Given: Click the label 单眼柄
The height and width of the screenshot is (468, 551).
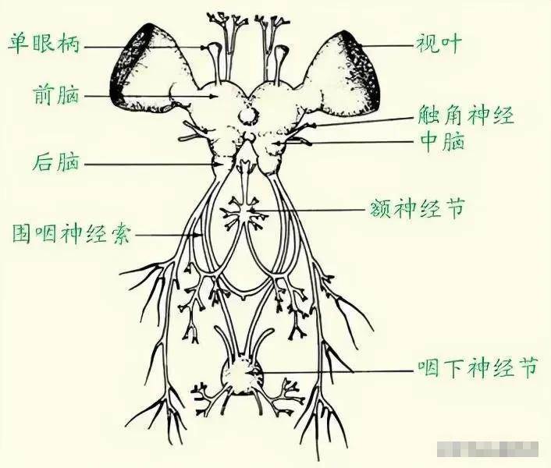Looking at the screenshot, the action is click(x=44, y=44).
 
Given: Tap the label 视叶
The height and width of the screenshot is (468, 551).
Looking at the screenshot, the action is click(x=439, y=44).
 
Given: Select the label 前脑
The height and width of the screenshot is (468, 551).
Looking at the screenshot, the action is click(x=56, y=94).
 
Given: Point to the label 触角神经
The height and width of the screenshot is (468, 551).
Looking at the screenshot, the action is click(x=467, y=115).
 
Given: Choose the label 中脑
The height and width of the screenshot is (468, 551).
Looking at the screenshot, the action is click(x=442, y=141).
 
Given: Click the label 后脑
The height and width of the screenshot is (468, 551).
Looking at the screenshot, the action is click(x=56, y=161).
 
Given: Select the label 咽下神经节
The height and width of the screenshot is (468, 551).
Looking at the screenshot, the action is click(x=478, y=368).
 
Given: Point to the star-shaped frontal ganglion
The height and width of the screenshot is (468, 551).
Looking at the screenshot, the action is click(x=243, y=212).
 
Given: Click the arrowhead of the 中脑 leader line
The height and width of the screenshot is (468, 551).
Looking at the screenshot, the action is click(x=279, y=143).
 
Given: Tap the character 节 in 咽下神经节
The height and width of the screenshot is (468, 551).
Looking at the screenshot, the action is click(x=528, y=368).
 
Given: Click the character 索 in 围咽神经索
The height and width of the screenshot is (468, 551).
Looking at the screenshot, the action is click(x=120, y=234).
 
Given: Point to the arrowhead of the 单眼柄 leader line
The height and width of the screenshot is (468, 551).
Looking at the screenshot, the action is click(x=204, y=47).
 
